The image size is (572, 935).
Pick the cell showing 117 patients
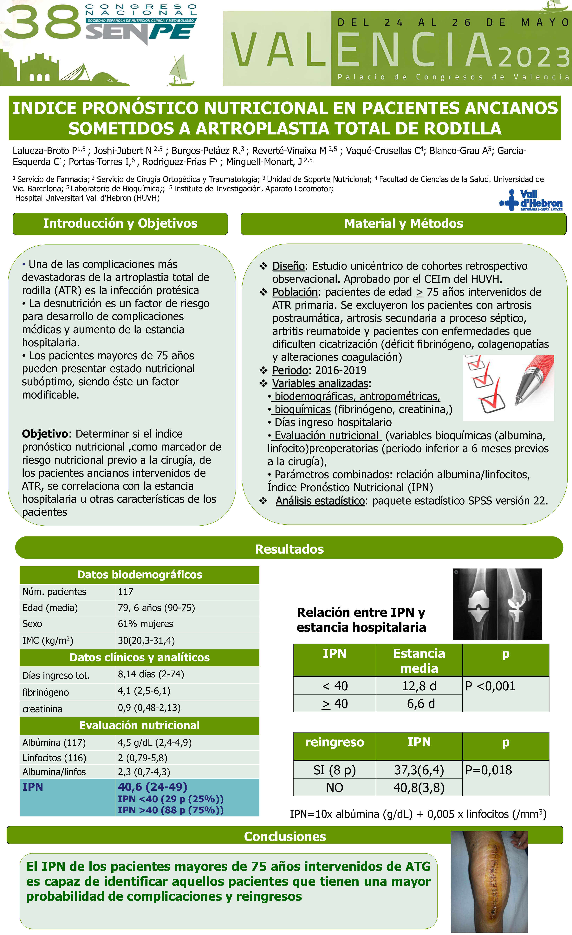coord(126,592)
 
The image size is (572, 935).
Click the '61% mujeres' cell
coord(145,623)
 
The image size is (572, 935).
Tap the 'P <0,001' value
coord(490,686)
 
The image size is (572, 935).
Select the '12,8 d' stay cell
coord(419,686)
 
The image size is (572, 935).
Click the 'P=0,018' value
coord(489,770)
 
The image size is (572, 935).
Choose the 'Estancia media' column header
coord(419,661)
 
